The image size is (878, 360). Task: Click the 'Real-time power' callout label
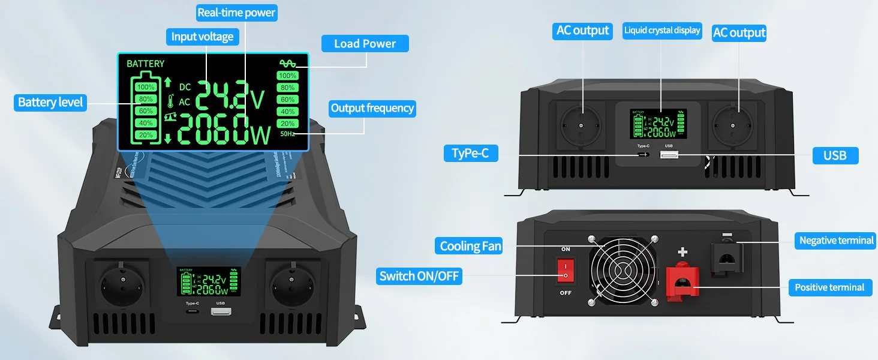click(x=236, y=12)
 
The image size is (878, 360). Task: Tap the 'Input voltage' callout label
click(x=202, y=37)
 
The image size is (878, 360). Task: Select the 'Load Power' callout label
click(x=365, y=44)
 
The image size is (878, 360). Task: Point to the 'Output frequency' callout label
click(x=372, y=109)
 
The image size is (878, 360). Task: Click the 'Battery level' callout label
click(x=50, y=103)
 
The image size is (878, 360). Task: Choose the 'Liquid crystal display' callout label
click(x=662, y=31)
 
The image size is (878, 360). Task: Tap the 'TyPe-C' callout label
click(x=470, y=154)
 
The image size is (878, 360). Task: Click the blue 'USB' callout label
click(x=835, y=155)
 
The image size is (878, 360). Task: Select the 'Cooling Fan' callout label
click(x=470, y=246)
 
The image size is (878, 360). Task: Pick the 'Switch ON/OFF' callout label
click(x=420, y=277)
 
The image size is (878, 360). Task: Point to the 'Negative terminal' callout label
click(x=836, y=241)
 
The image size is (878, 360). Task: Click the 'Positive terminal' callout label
click(x=829, y=288)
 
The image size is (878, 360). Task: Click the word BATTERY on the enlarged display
click(x=145, y=64)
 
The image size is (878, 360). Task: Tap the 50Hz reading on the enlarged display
click(x=288, y=134)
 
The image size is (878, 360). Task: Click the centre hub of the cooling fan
click(x=622, y=270)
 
